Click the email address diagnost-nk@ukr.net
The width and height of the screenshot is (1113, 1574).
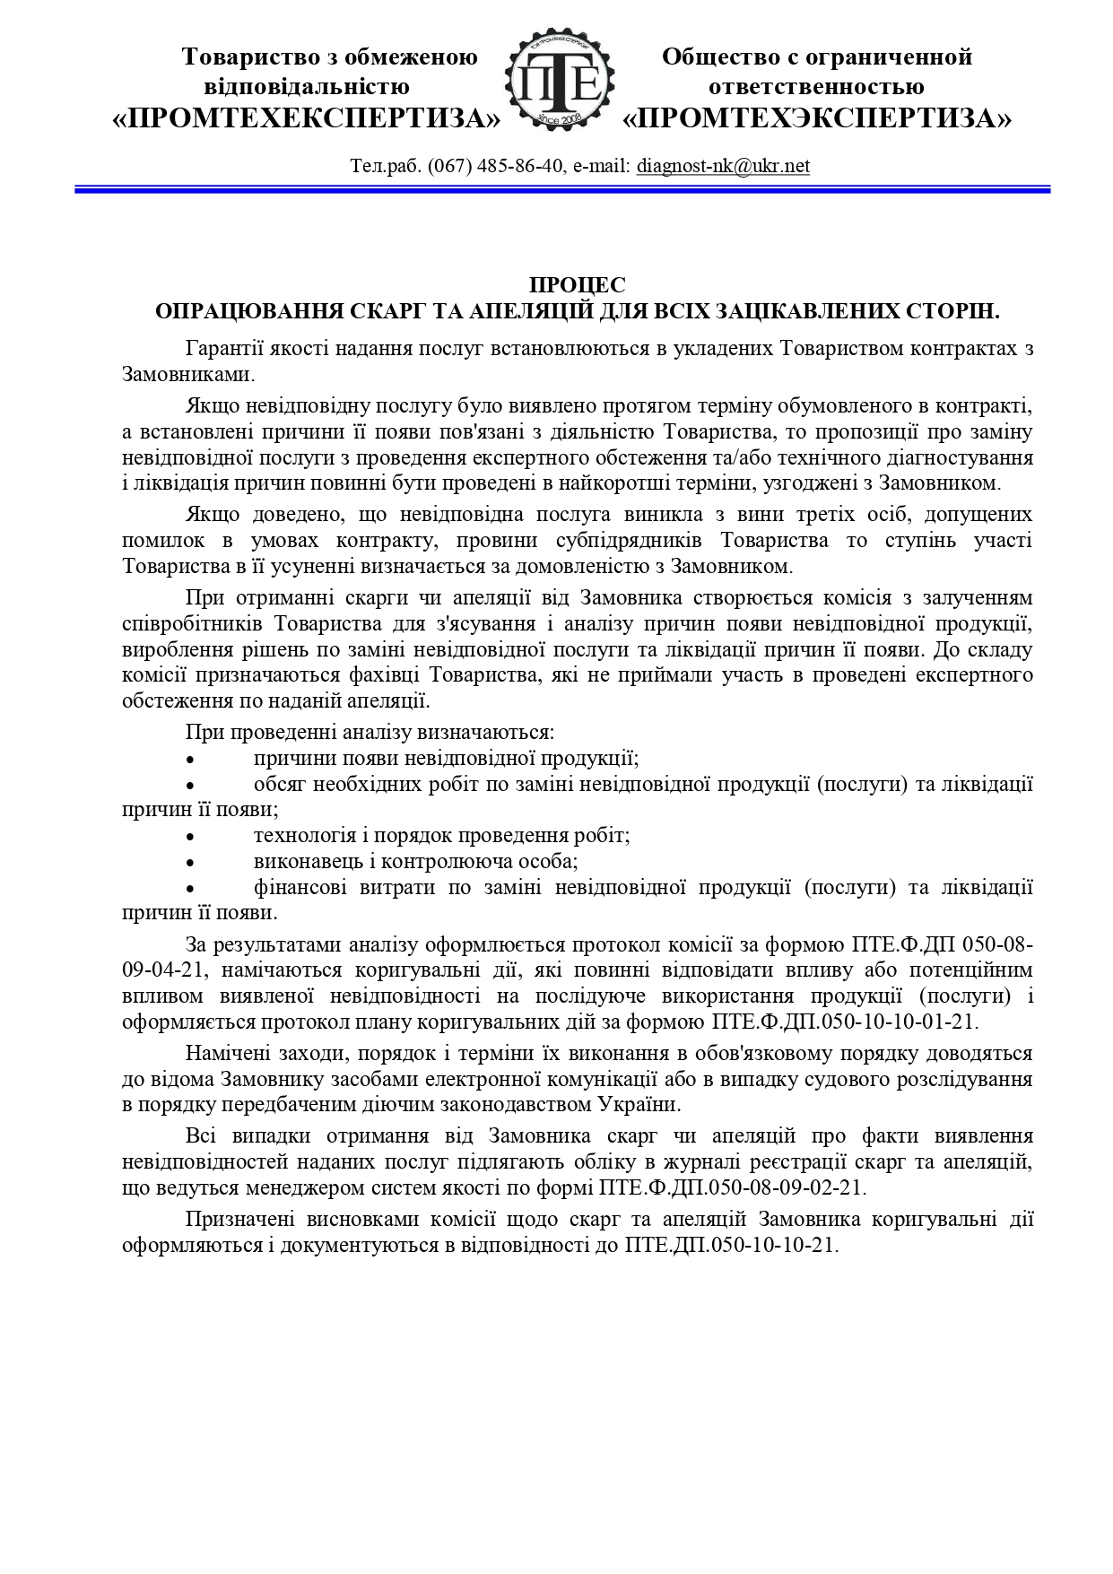point(723,166)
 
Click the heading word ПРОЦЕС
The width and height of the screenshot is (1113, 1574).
point(577,285)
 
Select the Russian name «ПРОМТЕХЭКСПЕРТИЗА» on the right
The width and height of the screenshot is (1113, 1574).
point(817,118)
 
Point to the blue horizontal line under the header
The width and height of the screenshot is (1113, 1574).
point(561,189)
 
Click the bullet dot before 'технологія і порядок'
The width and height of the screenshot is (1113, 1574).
point(189,836)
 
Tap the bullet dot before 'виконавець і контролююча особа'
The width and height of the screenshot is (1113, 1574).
point(189,862)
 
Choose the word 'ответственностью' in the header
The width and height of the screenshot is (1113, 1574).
point(816,87)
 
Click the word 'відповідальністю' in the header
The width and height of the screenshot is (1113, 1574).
point(307,87)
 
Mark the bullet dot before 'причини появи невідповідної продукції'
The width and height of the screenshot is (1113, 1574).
point(189,759)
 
